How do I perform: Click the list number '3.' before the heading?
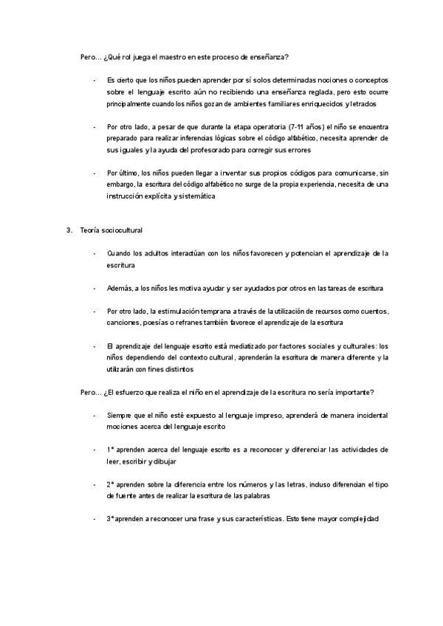pos(70,230)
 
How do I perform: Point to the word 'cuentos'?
pos(372,311)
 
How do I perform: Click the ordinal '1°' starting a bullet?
pos(111,449)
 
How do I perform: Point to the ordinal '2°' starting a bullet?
pos(111,484)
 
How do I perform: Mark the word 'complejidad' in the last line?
pos(357,519)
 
